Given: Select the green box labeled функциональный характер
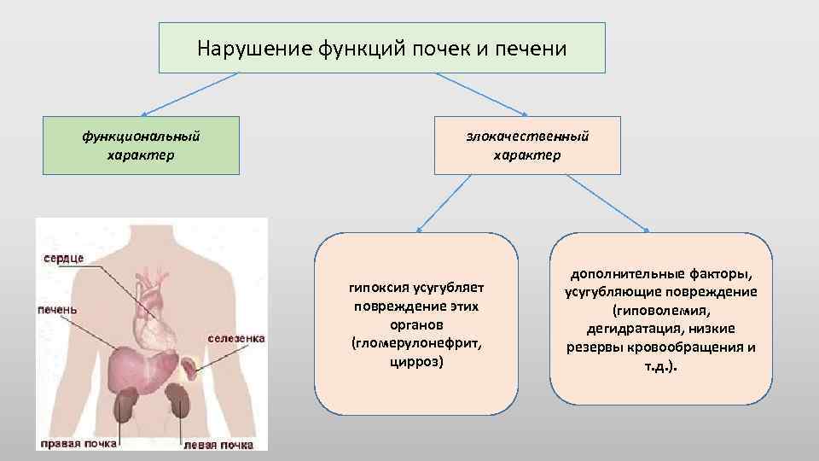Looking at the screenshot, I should pyautogui.click(x=141, y=145).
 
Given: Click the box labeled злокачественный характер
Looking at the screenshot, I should pyautogui.click(x=526, y=145).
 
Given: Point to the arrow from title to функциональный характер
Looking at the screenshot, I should pyautogui.click(x=189, y=94).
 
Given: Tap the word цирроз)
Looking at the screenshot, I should pyautogui.click(x=415, y=361).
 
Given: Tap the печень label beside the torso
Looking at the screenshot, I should pyautogui.click(x=57, y=309).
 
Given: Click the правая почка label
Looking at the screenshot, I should pyautogui.click(x=78, y=444).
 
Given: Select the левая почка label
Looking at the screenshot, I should pyautogui.click(x=218, y=445).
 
